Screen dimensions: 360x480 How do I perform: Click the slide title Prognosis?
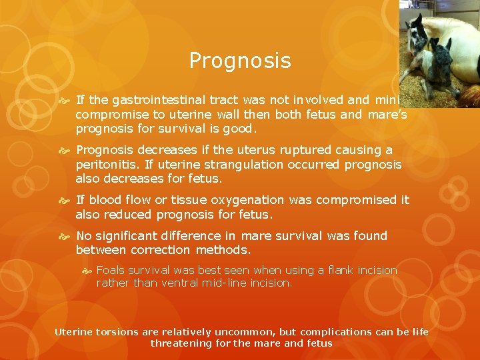tap(240, 61)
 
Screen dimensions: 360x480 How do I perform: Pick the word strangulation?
tap(219, 163)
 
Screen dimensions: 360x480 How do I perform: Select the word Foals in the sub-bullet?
tap(111, 270)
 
